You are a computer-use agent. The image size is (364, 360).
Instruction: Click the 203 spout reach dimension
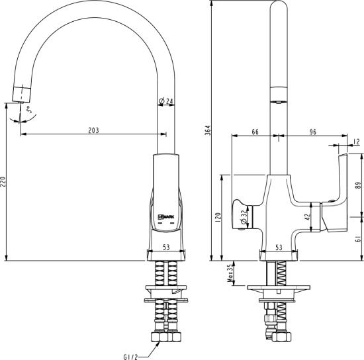point(93,130)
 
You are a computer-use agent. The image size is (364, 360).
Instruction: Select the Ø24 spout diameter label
point(166,101)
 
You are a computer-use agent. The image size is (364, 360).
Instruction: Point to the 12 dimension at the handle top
point(357,141)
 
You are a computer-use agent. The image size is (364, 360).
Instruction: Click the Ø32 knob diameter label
point(244,213)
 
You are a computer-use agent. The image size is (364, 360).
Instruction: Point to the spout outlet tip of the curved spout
point(20,93)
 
